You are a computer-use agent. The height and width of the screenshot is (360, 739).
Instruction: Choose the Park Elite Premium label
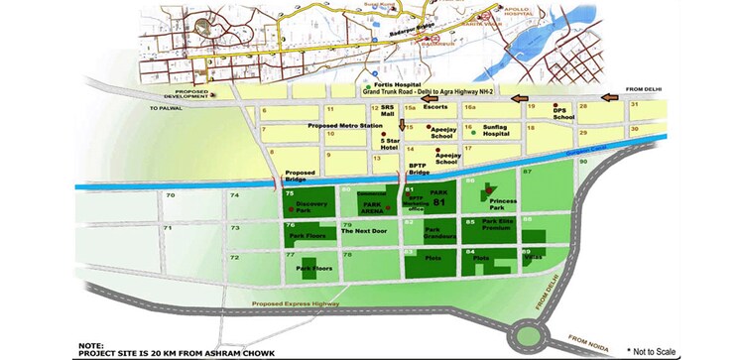[x=495, y=226]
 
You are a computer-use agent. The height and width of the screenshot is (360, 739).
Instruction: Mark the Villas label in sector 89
[x=534, y=255]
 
